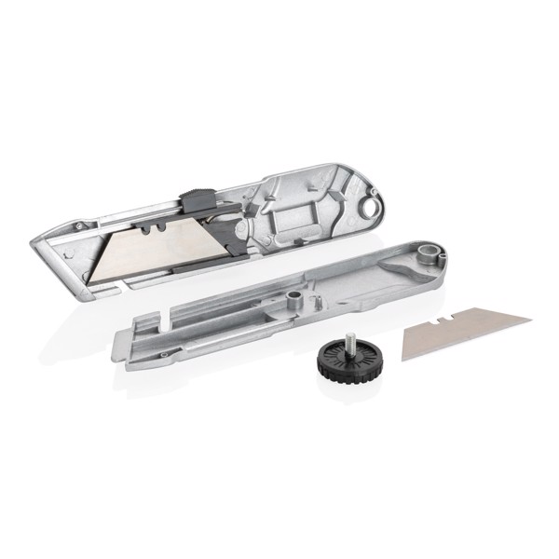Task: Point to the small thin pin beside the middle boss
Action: [x=314, y=300]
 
